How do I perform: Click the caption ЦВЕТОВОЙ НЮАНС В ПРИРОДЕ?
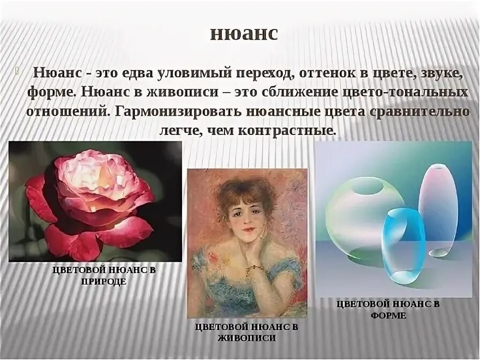pos(104,275)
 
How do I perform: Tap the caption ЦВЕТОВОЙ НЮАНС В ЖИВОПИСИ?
pos(246,332)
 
